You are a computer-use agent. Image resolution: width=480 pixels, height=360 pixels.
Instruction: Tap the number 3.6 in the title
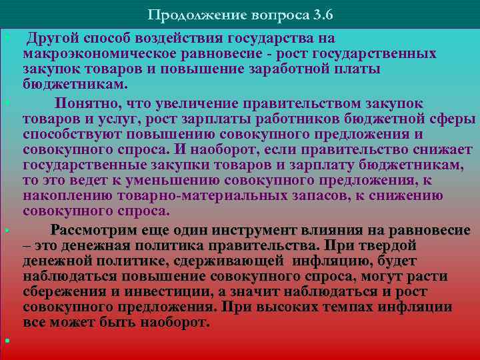tap(319, 15)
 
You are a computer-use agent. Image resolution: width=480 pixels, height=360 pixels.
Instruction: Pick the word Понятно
tap(86, 103)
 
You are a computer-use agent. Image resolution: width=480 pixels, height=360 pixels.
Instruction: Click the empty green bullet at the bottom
tap(5, 341)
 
